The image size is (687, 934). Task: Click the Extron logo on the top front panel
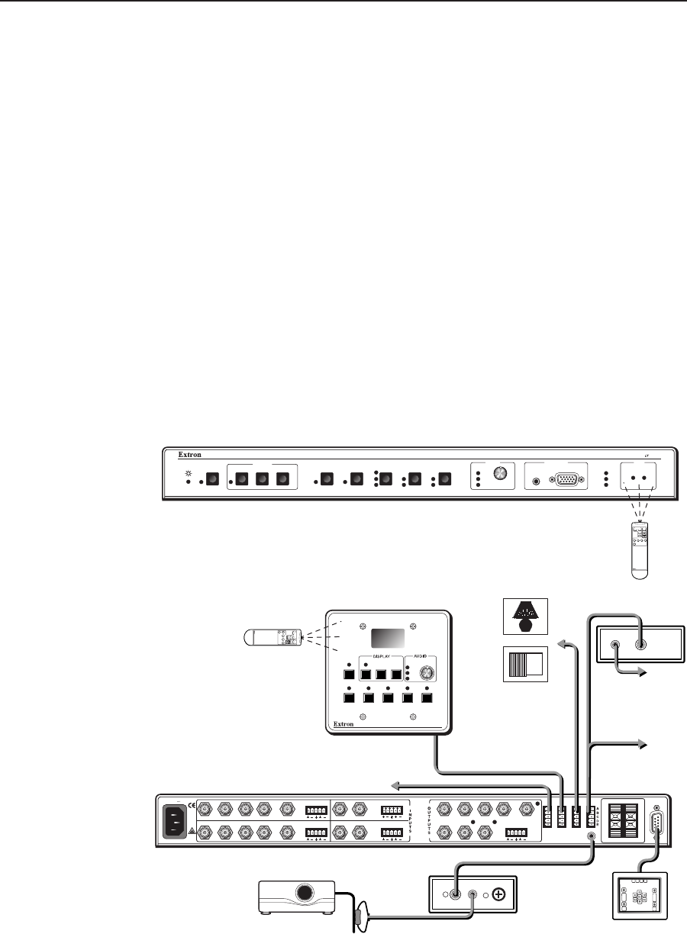(190, 456)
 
